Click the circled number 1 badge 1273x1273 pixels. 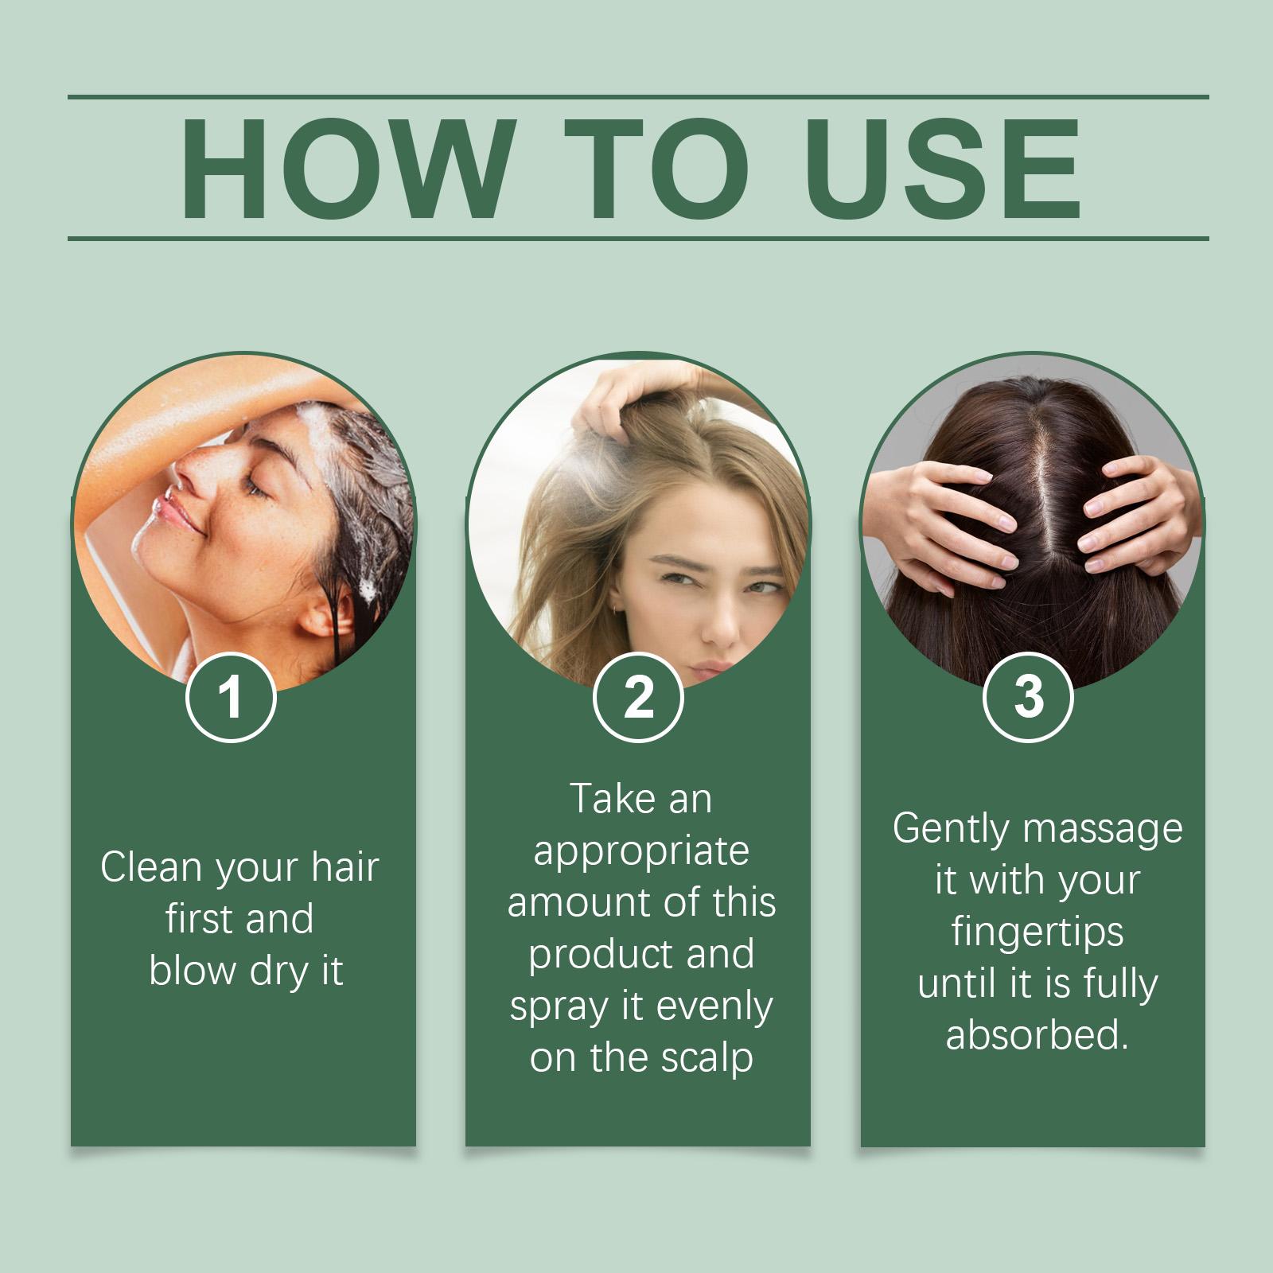pyautogui.click(x=231, y=698)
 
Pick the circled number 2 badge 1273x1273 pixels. pyautogui.click(x=638, y=698)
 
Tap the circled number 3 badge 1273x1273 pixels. pyautogui.click(x=1029, y=696)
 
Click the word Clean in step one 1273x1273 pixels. pyautogui.click(x=151, y=867)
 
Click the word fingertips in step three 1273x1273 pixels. pyautogui.click(x=1037, y=932)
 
